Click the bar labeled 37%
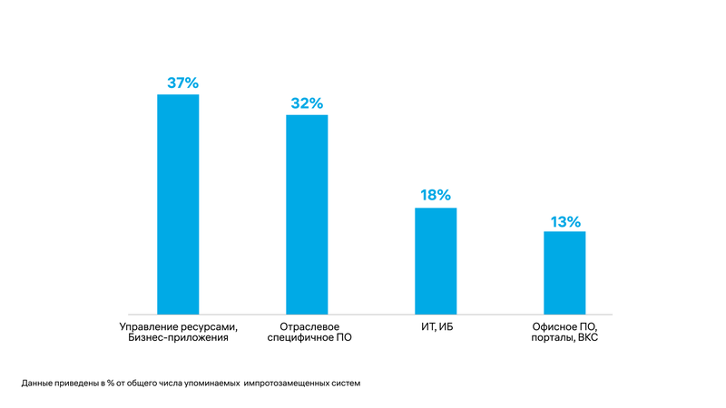(178, 204)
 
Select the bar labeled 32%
(307, 214)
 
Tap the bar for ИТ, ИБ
(436, 261)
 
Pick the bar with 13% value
(564, 273)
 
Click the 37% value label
(182, 83)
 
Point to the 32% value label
(307, 102)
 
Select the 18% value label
(436, 196)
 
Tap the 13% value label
(564, 220)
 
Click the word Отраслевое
(307, 325)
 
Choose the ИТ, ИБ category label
(436, 326)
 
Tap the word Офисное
(554, 325)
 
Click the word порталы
(551, 338)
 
